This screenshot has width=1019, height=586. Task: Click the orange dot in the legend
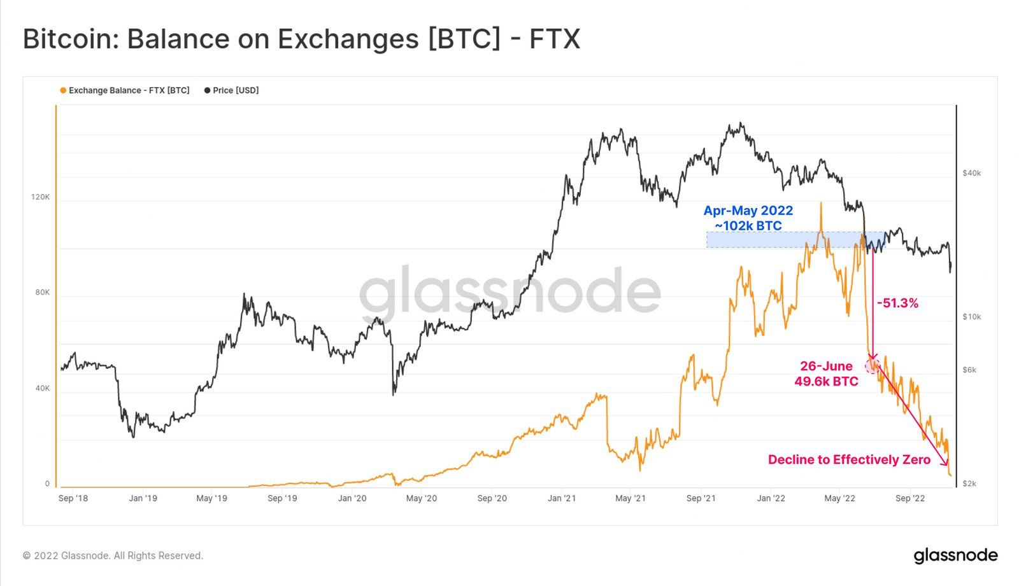pyautogui.click(x=63, y=90)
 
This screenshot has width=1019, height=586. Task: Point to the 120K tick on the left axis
pyautogui.click(x=40, y=197)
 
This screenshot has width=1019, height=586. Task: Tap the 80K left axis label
pyautogui.click(x=42, y=293)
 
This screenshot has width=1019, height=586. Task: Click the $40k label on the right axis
pyautogui.click(x=971, y=173)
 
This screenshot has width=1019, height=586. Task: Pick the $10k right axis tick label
pyautogui.click(x=971, y=317)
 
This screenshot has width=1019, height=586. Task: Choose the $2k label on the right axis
pyautogui.click(x=969, y=484)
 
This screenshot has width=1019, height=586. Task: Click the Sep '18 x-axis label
pyautogui.click(x=73, y=498)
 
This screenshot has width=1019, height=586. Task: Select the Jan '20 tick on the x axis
pyautogui.click(x=352, y=498)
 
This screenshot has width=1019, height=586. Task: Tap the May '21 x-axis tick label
pyautogui.click(x=631, y=498)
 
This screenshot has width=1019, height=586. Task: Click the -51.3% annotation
pyautogui.click(x=897, y=303)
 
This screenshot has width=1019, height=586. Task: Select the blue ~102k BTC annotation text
pyautogui.click(x=748, y=226)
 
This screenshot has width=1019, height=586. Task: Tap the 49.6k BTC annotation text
pyautogui.click(x=826, y=382)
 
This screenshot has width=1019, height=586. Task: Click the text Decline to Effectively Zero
pyautogui.click(x=849, y=459)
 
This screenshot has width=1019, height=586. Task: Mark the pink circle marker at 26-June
pyautogui.click(x=872, y=365)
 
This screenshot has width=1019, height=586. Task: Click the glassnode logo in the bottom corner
pyautogui.click(x=955, y=555)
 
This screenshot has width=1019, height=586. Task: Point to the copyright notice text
pyautogui.click(x=113, y=555)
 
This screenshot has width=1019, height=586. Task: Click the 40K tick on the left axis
pyautogui.click(x=42, y=388)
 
